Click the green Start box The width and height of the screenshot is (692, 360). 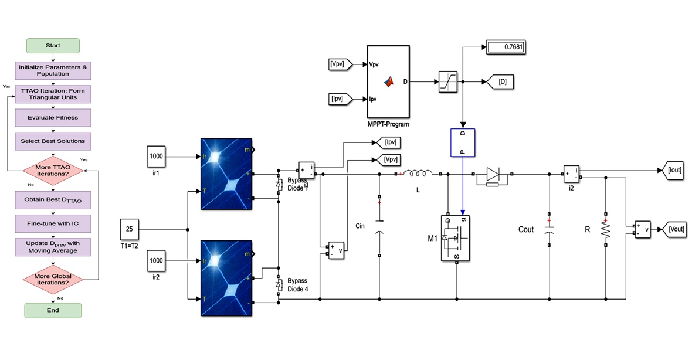(53, 46)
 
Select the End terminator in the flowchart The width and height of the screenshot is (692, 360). (53, 310)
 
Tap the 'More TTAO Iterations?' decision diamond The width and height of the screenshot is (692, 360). (53, 171)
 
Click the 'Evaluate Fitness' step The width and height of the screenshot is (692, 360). (53, 118)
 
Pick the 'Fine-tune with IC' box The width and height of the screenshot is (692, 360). (53, 223)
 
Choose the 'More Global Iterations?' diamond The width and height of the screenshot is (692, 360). (53, 279)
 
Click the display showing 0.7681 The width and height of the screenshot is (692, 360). (506, 47)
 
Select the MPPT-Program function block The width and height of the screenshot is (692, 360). (388, 81)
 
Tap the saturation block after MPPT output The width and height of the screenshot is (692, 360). (448, 81)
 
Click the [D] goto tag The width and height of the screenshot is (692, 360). (500, 81)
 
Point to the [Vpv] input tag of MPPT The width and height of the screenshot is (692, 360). (340, 64)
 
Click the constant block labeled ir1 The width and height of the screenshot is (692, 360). (156, 157)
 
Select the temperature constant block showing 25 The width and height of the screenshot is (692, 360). (129, 229)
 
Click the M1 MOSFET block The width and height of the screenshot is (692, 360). (456, 238)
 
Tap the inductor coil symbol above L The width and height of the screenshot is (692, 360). (417, 174)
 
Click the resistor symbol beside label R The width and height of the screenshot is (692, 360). (605, 229)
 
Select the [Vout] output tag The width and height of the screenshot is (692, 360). (673, 229)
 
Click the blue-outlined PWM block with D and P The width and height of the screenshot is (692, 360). (463, 142)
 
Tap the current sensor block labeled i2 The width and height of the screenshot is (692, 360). (572, 174)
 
